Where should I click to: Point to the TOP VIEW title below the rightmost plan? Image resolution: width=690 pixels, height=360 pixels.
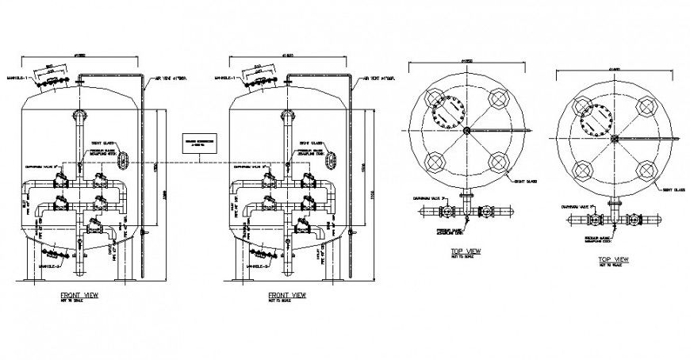coord(614,260)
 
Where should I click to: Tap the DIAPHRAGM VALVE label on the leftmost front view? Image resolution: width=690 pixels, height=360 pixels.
coord(40,167)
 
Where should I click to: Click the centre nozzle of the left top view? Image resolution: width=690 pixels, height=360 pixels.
coord(466,131)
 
